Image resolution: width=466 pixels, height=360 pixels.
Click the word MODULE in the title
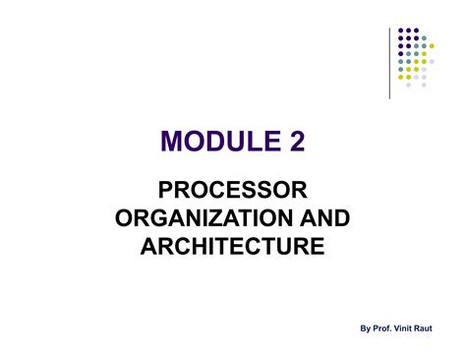tap(208, 143)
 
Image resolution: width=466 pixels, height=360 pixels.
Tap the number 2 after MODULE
tap(296, 143)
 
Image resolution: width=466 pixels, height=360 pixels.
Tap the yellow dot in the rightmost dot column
tap(432, 45)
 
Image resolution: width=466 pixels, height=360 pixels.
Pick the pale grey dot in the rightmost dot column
tap(432, 61)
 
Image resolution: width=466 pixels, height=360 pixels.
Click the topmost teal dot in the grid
tap(424, 38)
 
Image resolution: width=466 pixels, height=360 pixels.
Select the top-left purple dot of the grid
tap(401, 30)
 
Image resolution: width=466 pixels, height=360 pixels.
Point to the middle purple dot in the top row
tap(408, 30)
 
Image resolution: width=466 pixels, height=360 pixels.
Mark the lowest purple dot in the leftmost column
tap(401, 53)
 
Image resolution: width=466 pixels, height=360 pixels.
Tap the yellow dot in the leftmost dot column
tap(401, 77)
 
